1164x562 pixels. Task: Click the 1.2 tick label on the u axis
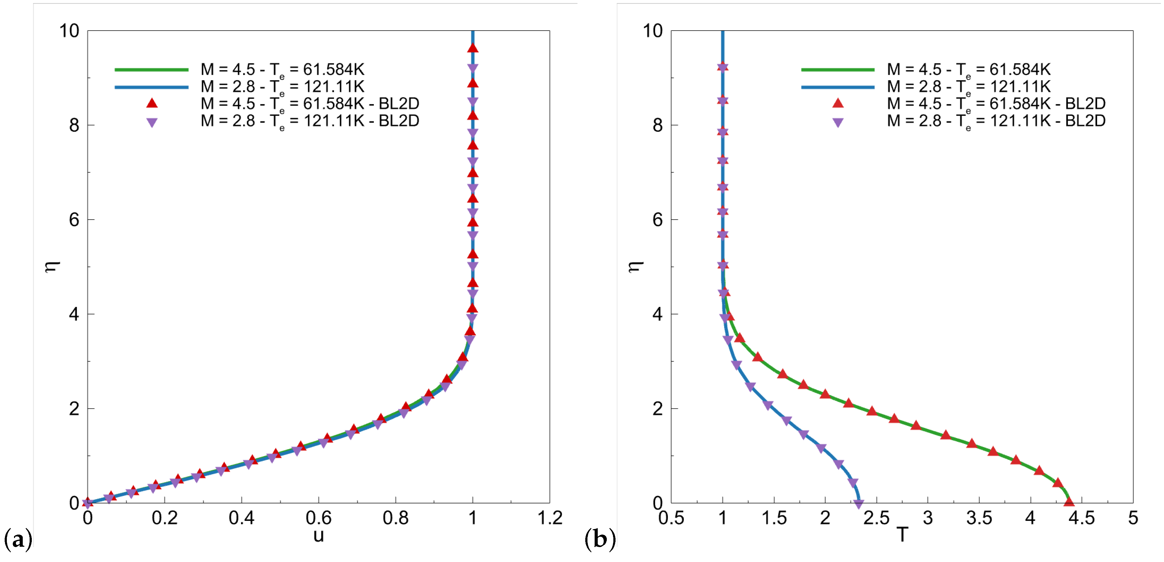pos(549,518)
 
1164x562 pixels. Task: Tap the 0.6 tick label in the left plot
pos(319,518)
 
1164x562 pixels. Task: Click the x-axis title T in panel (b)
pos(902,536)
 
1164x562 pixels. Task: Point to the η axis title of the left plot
pos(52,266)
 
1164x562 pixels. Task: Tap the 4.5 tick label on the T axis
pos(1081,518)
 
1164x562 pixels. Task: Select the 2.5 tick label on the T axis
pos(876,518)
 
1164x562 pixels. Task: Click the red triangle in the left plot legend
pos(152,103)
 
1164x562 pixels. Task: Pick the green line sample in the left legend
pos(151,69)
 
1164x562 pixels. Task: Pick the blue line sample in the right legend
pos(838,87)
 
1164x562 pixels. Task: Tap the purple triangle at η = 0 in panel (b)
pos(858,504)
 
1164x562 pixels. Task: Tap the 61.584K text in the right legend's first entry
pos(1020,69)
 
